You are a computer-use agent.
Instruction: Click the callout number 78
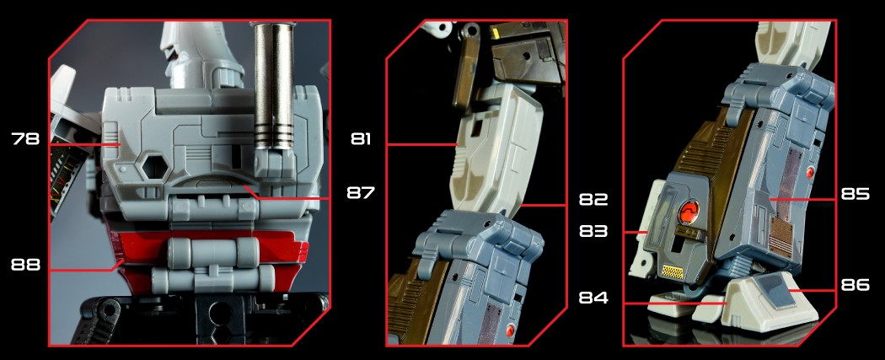pyautogui.click(x=25, y=138)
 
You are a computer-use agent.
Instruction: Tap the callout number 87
pyautogui.click(x=361, y=192)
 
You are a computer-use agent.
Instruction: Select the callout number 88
pyautogui.click(x=25, y=265)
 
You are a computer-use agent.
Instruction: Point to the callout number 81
pyautogui.click(x=361, y=138)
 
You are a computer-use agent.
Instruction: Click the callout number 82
pyautogui.click(x=593, y=199)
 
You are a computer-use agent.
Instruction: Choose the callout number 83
pyautogui.click(x=593, y=231)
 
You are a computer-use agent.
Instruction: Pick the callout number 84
pyautogui.click(x=593, y=297)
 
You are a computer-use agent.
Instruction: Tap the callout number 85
pyautogui.click(x=855, y=195)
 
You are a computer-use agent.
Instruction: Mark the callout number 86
pyautogui.click(x=855, y=286)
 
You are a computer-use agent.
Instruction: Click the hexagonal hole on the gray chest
pyautogui.click(x=153, y=167)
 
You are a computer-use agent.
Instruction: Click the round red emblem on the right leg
pyautogui.click(x=689, y=212)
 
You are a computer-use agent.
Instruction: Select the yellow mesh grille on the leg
pyautogui.click(x=673, y=272)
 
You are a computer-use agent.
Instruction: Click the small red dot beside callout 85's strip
pyautogui.click(x=811, y=173)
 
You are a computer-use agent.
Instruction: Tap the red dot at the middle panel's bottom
pyautogui.click(x=512, y=330)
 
